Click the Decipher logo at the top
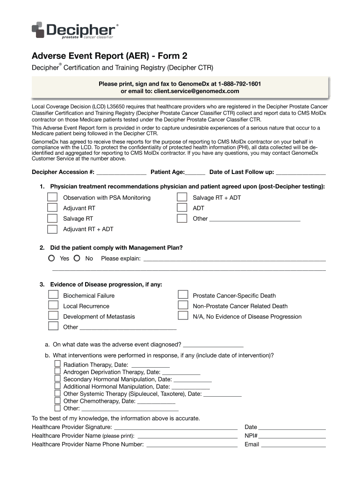(x=74, y=30)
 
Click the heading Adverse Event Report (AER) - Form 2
(x=112, y=56)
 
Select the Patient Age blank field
(x=195, y=172)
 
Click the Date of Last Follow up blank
(x=301, y=172)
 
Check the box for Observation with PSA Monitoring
(x=53, y=197)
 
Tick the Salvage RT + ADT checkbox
(x=182, y=197)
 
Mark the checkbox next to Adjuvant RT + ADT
(x=53, y=229)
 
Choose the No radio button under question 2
(x=77, y=258)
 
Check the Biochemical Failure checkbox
(x=53, y=295)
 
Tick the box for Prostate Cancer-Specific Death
(x=182, y=295)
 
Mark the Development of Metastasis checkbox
(x=53, y=316)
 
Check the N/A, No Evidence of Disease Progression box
(x=182, y=316)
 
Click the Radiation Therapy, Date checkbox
(x=58, y=364)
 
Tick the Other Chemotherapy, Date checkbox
(x=58, y=400)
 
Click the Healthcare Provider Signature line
(x=175, y=427)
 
